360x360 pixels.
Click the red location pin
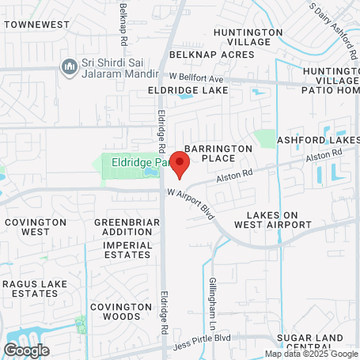[180, 166]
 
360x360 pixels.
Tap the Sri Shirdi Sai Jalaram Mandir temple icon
[70, 65]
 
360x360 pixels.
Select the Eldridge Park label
[139, 162]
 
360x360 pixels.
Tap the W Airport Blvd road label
[191, 203]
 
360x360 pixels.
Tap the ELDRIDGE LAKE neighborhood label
[188, 90]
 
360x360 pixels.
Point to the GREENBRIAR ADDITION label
[123, 227]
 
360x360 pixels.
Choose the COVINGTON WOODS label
[121, 311]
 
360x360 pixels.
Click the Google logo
[26, 350]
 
